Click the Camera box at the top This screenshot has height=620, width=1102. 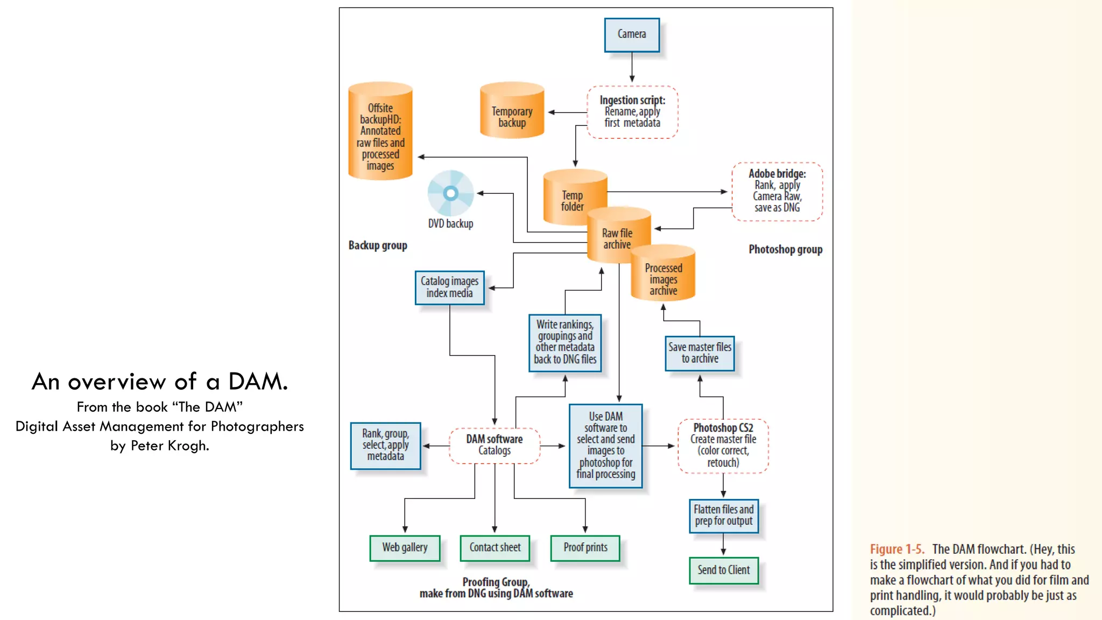632,34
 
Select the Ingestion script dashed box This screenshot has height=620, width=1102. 632,112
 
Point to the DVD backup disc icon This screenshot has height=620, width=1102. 451,193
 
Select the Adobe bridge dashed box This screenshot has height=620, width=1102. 777,191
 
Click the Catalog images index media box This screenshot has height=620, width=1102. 450,287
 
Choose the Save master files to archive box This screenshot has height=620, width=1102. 700,353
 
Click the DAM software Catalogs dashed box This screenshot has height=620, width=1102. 495,445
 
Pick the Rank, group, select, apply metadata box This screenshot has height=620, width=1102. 385,446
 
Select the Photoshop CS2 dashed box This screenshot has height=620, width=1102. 723,446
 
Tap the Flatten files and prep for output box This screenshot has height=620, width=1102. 724,516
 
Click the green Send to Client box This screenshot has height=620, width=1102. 724,570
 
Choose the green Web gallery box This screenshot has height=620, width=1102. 405,548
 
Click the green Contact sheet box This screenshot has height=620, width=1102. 495,548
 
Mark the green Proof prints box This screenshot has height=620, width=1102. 585,548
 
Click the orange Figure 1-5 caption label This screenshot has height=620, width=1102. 897,549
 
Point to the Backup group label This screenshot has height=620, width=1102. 378,245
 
